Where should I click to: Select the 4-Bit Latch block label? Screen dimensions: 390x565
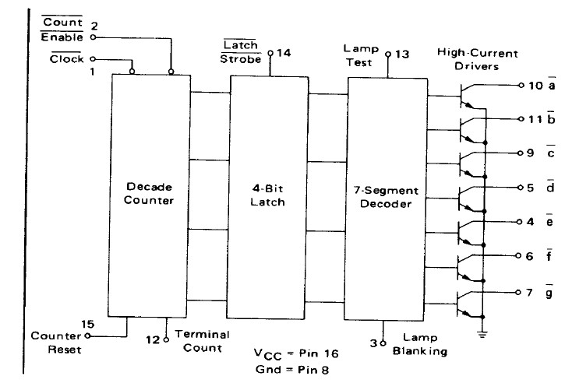(x=267, y=195)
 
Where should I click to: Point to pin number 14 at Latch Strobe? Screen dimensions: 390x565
(x=286, y=54)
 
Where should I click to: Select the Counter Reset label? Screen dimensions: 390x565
(x=55, y=343)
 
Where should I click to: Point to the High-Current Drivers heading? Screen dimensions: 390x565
(x=478, y=59)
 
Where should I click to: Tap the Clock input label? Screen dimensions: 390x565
(x=68, y=58)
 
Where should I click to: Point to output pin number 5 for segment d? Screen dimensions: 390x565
(x=529, y=188)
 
